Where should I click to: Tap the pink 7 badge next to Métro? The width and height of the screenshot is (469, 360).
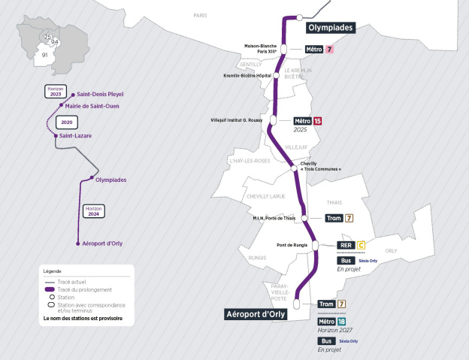tap(328, 50)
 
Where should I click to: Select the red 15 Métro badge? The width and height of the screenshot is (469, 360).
tap(317, 120)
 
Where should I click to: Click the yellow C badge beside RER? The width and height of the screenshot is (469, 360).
tap(361, 244)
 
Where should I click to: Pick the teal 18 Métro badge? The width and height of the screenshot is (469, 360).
tap(341, 321)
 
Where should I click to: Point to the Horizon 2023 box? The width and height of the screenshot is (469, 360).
tap(56, 92)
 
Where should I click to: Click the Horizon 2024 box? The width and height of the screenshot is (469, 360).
tap(94, 210)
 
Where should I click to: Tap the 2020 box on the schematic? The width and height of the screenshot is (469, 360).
tap(67, 122)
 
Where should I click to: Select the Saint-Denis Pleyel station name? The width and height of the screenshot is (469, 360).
tap(100, 95)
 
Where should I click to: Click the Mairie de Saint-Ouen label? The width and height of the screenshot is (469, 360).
tap(97, 106)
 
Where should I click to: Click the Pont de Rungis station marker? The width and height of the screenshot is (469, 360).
tap(316, 245)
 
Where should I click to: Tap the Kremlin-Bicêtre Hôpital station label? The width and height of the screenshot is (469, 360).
tap(247, 76)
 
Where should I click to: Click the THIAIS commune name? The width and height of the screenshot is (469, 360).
tap(334, 202)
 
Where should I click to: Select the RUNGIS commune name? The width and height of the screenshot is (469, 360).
tap(257, 257)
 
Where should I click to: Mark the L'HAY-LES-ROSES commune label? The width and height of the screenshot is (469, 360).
tap(248, 161)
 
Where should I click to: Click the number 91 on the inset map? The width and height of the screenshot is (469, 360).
tap(44, 55)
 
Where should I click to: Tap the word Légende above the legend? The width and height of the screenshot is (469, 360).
tap(52, 271)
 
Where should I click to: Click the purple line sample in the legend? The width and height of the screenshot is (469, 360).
tap(52, 290)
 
